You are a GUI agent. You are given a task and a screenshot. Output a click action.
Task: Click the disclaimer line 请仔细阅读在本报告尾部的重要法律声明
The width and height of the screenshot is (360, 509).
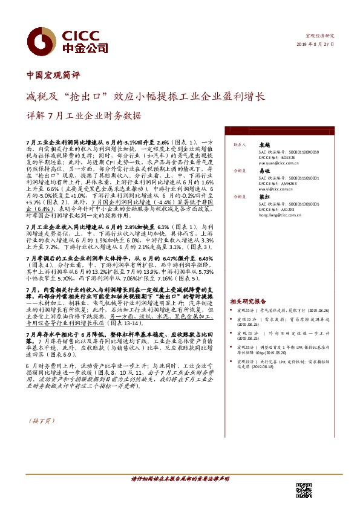[180, 479]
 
